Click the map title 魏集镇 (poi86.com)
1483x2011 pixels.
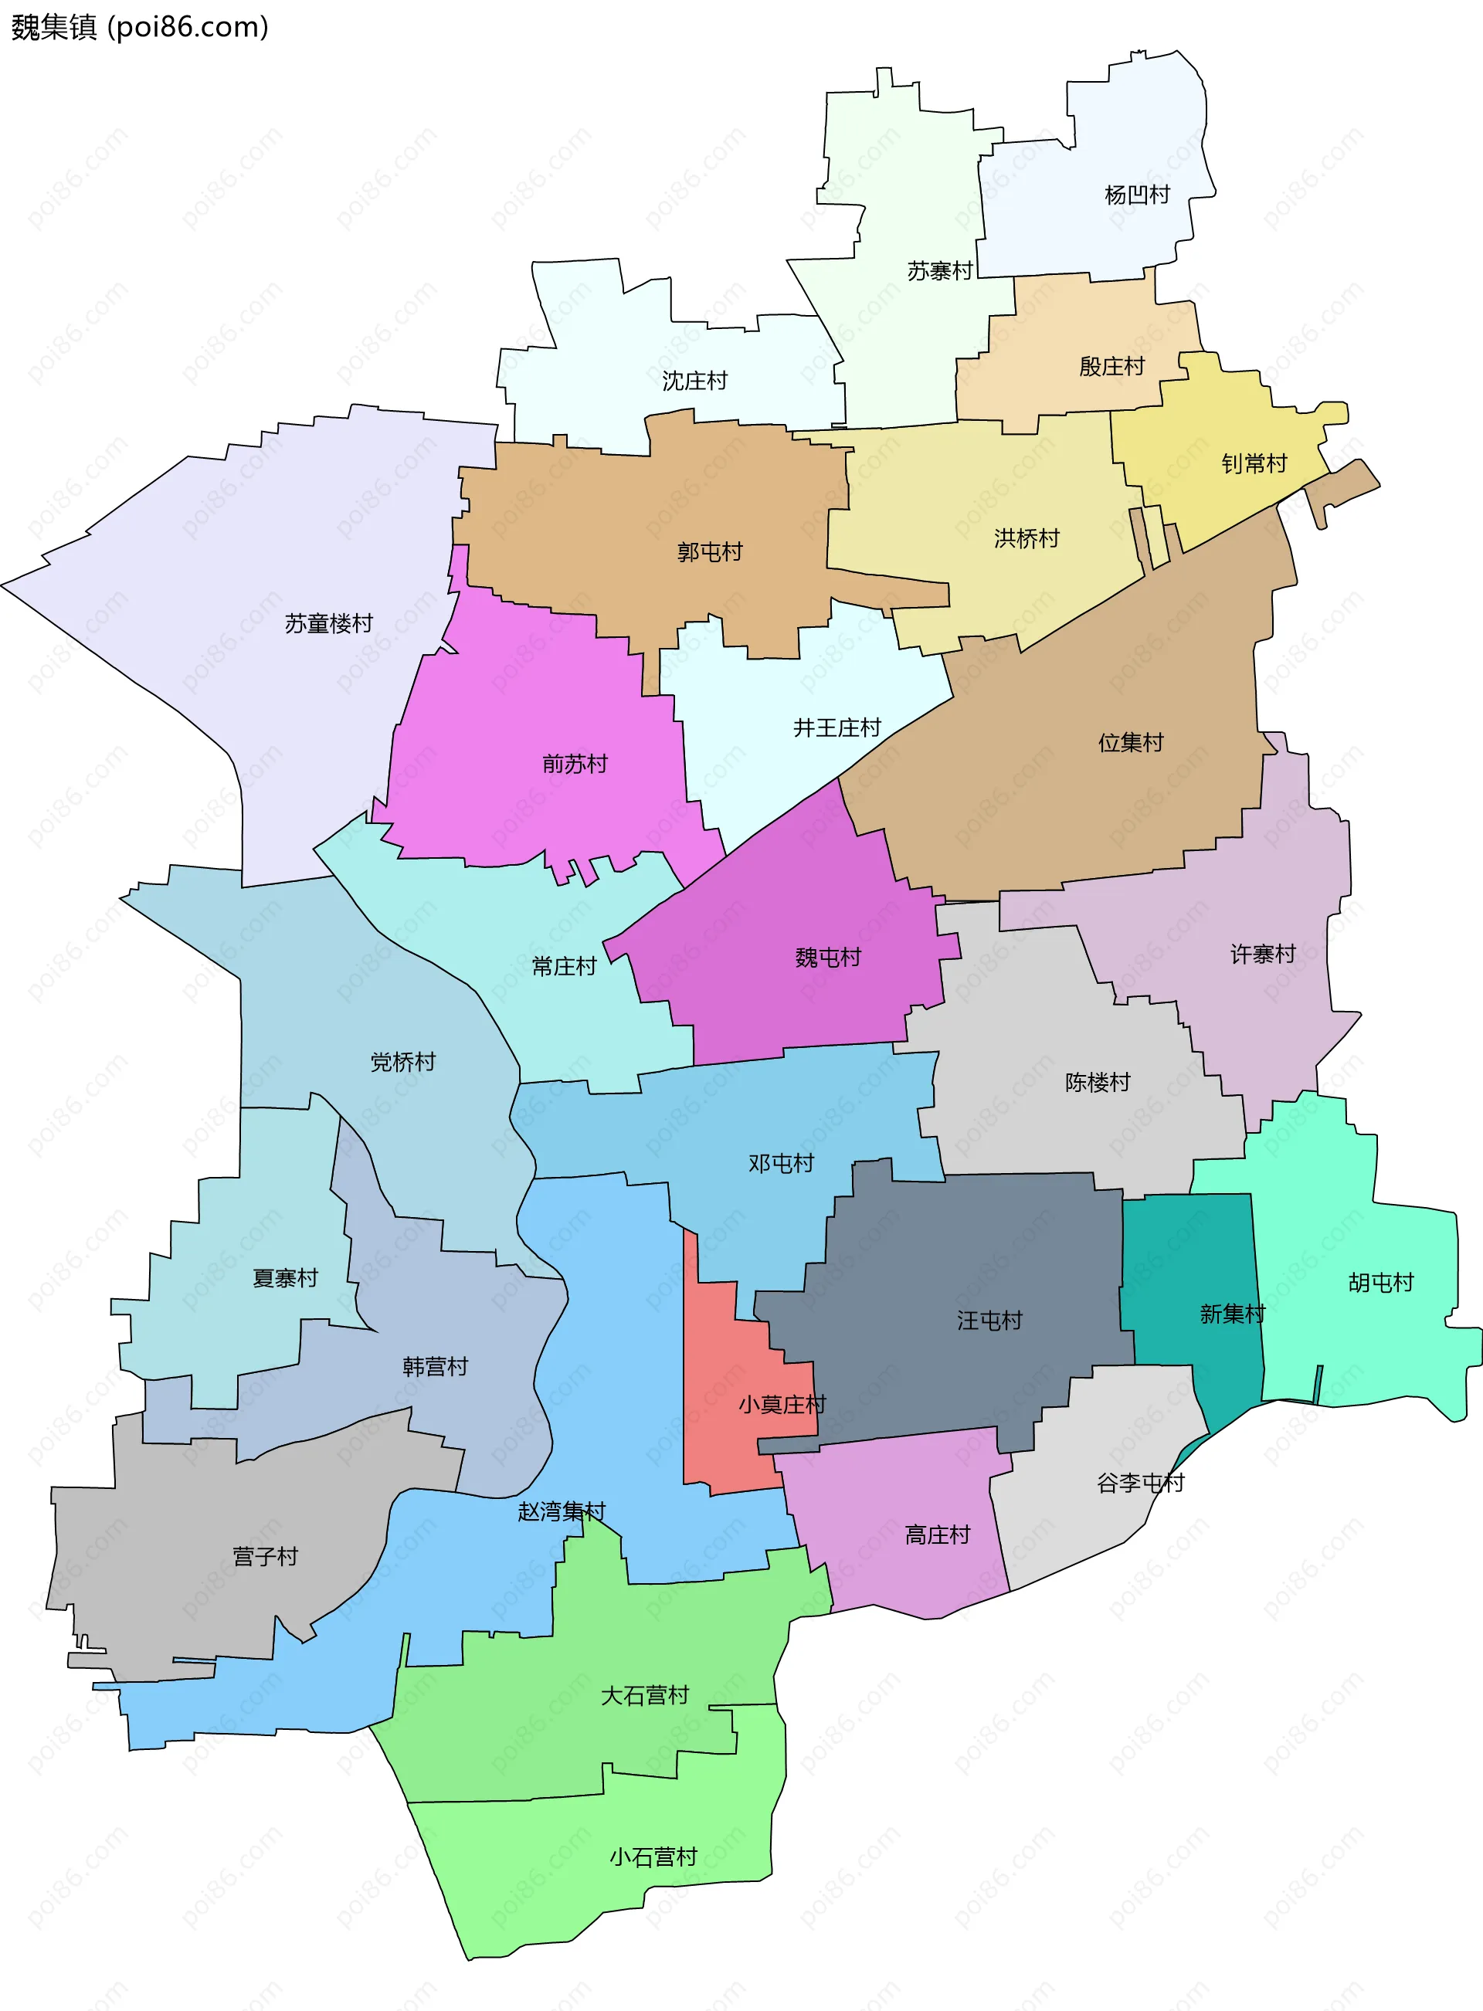(139, 27)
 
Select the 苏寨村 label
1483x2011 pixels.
(939, 271)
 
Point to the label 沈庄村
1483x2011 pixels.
(694, 382)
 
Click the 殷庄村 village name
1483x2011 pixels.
(1111, 366)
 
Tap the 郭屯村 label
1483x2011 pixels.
(709, 552)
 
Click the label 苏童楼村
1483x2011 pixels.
(328, 624)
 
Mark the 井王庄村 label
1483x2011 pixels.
(837, 727)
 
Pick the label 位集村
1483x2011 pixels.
(1130, 742)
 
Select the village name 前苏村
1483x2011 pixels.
(575, 764)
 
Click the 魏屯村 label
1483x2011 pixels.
(828, 958)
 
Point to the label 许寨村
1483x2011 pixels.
(1262, 954)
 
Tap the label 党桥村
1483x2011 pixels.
(403, 1063)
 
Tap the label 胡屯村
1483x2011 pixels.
(1381, 1282)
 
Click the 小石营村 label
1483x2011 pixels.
(653, 1857)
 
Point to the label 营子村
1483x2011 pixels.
(265, 1556)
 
